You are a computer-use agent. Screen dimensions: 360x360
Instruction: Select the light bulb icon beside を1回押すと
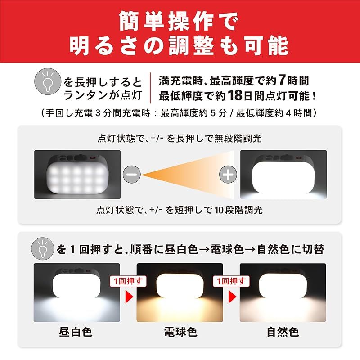tap(44, 248)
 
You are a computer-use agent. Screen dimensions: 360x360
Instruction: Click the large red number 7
tap(281, 81)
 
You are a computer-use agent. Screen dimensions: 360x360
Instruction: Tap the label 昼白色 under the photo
tap(76, 332)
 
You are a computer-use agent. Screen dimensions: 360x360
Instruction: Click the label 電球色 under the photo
tap(180, 332)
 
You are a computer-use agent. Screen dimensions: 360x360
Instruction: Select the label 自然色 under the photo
tap(283, 332)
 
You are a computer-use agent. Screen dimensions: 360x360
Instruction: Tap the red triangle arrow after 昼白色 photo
tap(129, 297)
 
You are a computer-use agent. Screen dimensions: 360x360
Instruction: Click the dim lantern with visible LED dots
tap(77, 175)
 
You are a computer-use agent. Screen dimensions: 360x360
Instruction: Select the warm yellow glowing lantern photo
tap(180, 292)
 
